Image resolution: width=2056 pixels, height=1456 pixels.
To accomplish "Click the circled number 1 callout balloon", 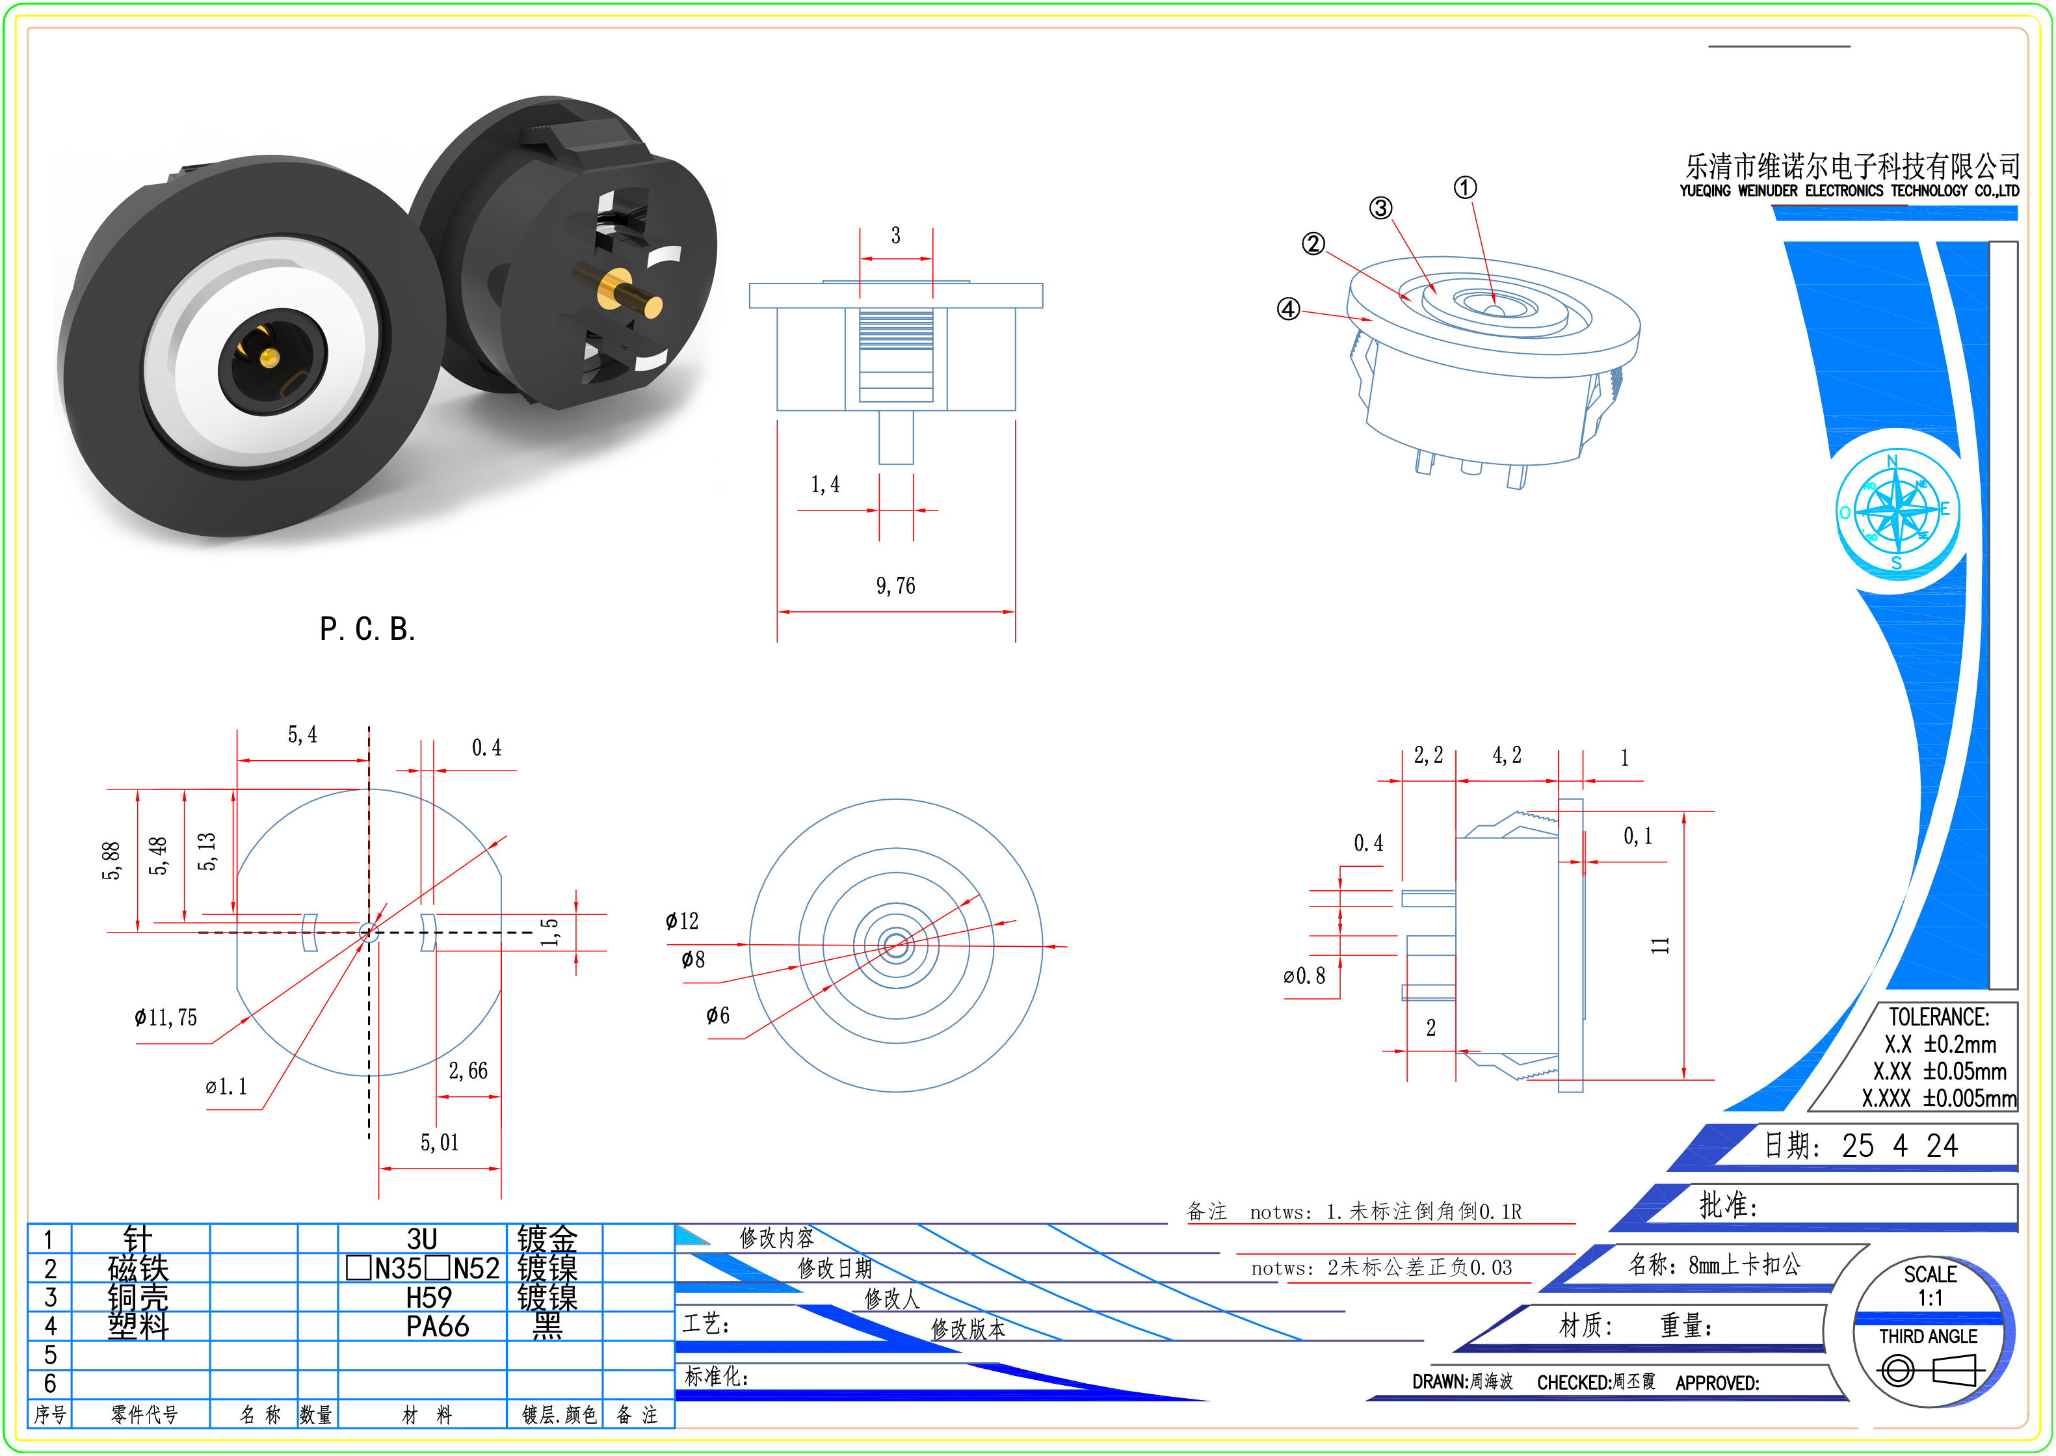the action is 1464,187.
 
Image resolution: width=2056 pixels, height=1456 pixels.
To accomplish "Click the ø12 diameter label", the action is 682,921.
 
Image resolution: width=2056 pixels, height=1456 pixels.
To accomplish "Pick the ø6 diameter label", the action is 718,1016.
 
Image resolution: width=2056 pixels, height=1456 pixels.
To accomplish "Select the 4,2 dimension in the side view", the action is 1507,756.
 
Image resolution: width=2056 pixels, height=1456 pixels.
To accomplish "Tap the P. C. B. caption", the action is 367,629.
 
